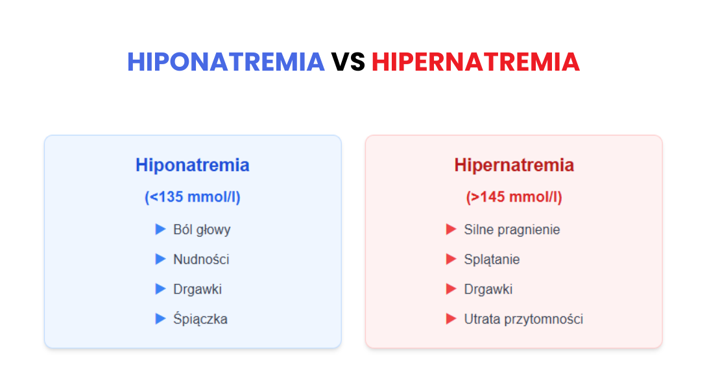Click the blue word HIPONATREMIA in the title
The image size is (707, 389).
click(x=226, y=62)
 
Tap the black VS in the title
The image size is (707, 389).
click(x=348, y=62)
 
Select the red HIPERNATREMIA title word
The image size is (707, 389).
click(x=475, y=62)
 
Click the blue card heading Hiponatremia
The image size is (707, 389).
click(x=193, y=165)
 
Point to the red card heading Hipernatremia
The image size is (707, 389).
click(x=514, y=165)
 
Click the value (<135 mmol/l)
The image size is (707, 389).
click(x=193, y=197)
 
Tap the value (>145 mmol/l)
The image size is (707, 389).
click(x=514, y=197)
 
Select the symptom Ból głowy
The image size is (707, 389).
click(x=202, y=230)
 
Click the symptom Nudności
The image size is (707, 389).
click(x=201, y=259)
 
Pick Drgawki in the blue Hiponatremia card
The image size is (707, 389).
click(x=197, y=289)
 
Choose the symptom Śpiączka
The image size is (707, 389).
click(x=200, y=319)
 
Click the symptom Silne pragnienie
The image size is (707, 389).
click(x=512, y=230)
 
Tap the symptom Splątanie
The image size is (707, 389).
click(x=492, y=259)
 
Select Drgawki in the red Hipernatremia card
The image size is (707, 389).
click(x=488, y=289)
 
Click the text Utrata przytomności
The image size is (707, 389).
click(x=523, y=319)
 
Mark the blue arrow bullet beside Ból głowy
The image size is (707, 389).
click(x=160, y=230)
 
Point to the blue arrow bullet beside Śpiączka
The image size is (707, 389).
click(x=160, y=319)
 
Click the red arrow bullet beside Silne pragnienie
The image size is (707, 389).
click(x=451, y=230)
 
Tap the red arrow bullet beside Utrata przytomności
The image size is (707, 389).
click(x=451, y=319)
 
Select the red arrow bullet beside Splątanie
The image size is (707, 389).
click(x=451, y=259)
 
